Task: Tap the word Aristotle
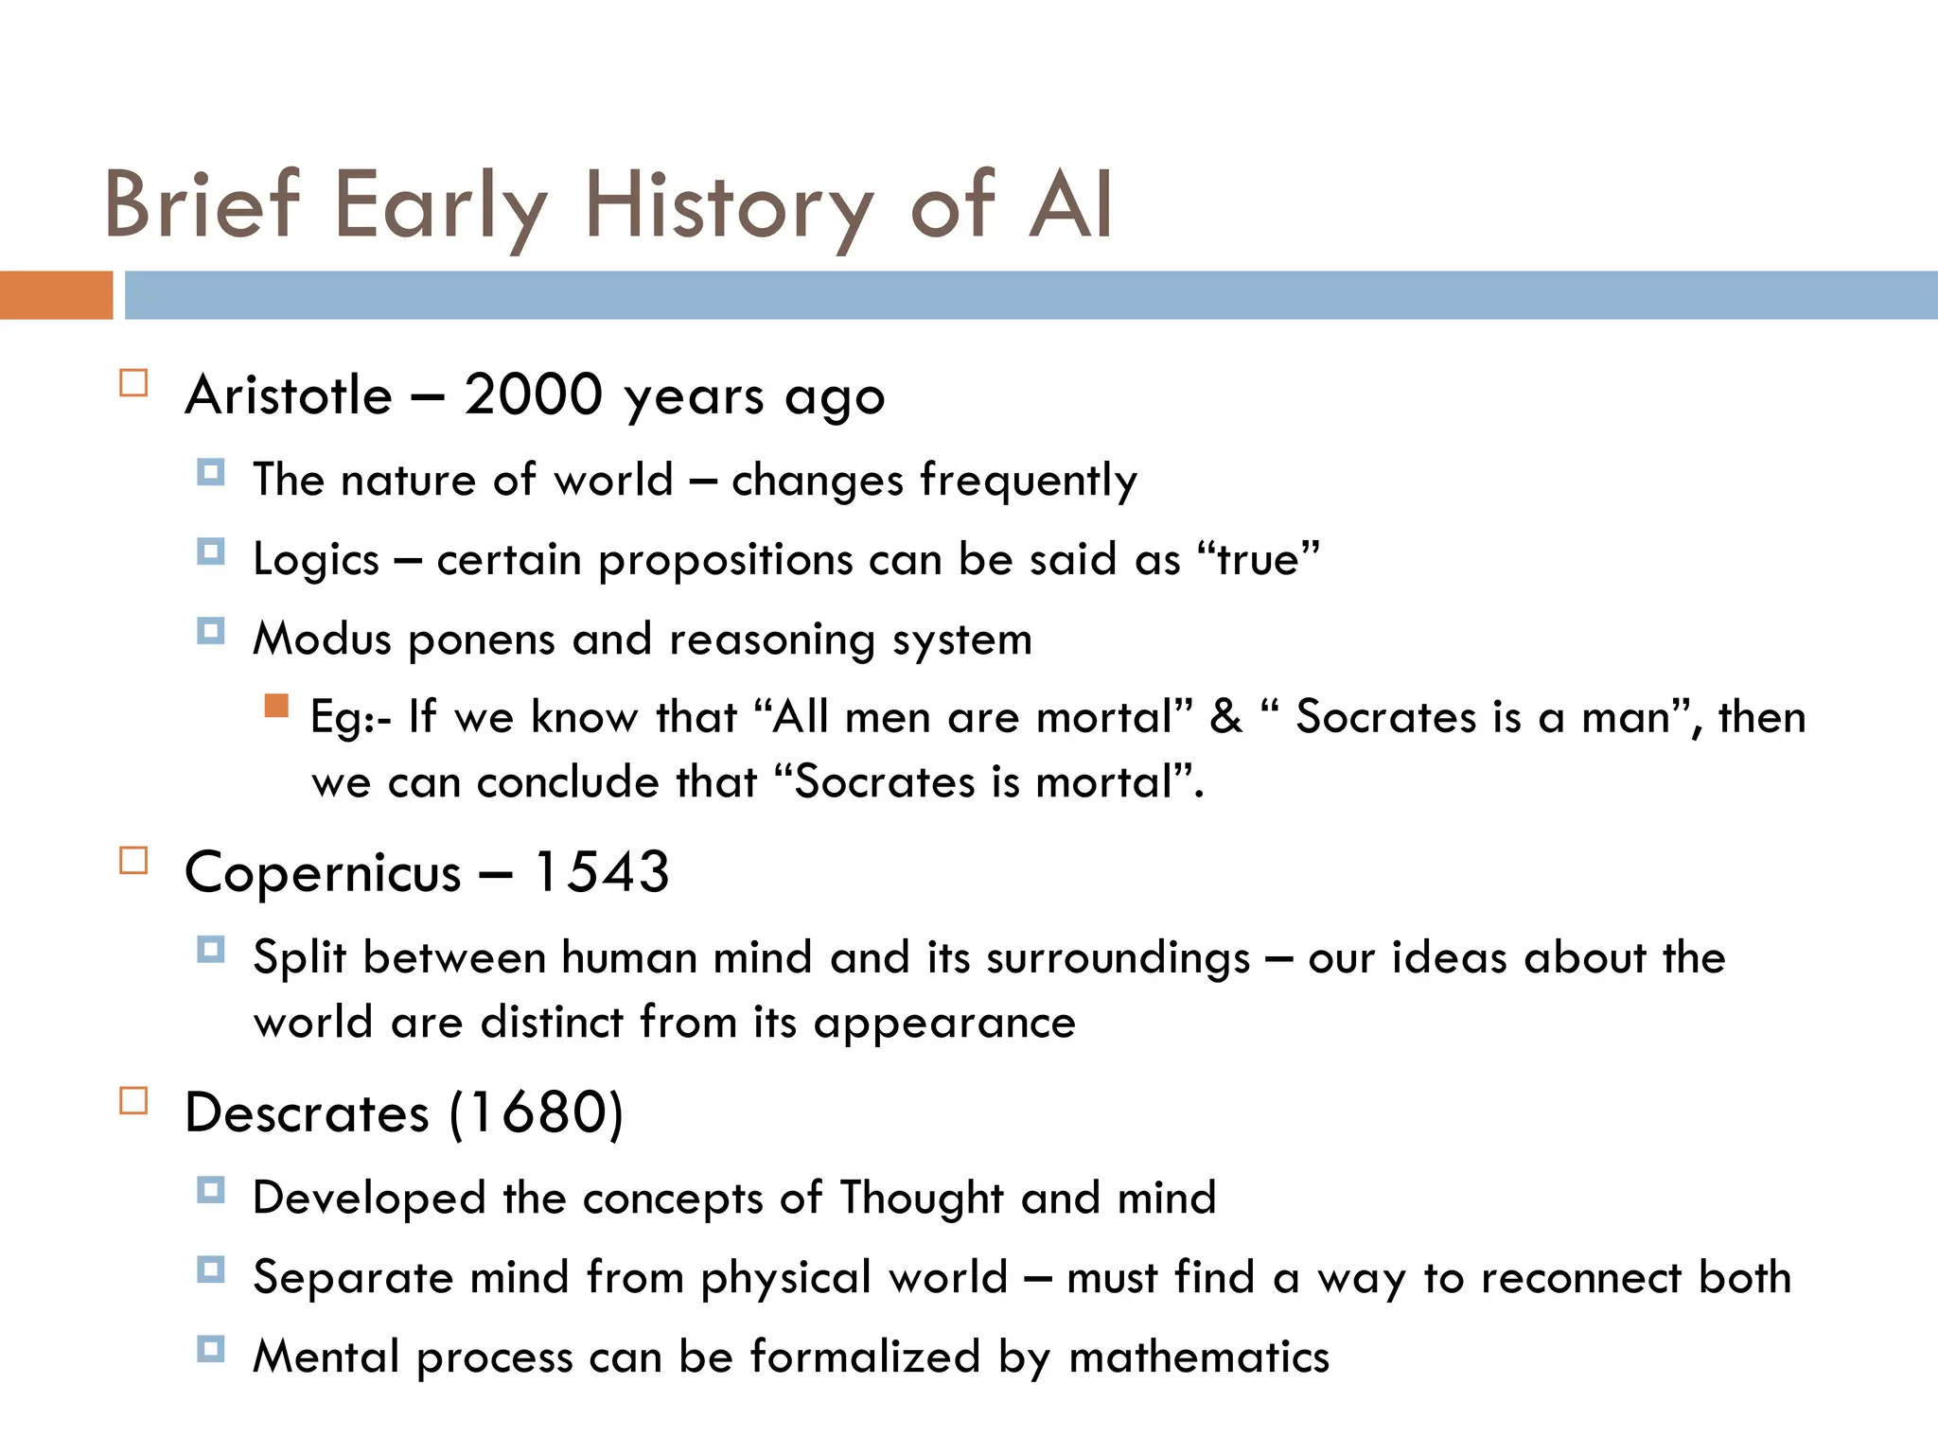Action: [289, 394]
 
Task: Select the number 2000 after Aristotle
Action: [533, 394]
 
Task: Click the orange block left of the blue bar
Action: [56, 295]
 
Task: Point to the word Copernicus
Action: [323, 872]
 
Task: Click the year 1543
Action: [602, 872]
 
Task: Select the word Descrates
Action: [307, 1112]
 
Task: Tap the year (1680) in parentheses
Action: [537, 1112]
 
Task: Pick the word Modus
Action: [322, 639]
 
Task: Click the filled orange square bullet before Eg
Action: [276, 706]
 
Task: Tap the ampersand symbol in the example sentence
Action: [1225, 717]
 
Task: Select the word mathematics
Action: [1199, 1357]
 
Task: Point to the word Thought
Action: [922, 1198]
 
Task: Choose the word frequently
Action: [1029, 481]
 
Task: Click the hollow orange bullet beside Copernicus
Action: [133, 861]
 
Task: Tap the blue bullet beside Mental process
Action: [211, 1348]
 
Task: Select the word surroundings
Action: [1119, 958]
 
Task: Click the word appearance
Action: [944, 1023]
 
